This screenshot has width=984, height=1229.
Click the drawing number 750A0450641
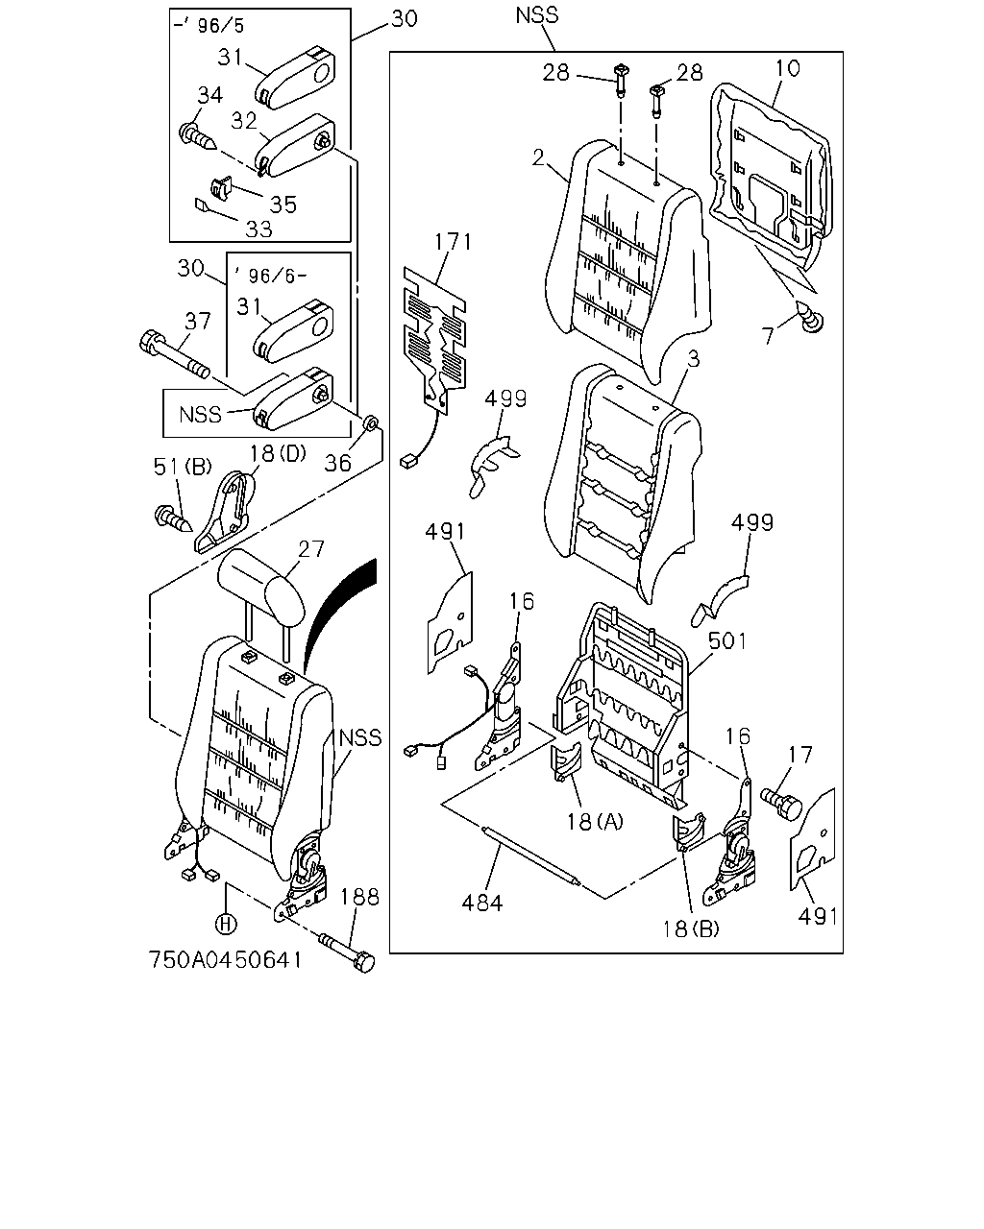coord(225,960)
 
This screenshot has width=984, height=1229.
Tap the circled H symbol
coord(226,924)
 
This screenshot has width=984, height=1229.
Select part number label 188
coord(359,897)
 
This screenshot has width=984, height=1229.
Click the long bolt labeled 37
coord(174,353)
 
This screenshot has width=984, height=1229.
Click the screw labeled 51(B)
coord(173,518)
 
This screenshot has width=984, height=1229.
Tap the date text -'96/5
coord(209,26)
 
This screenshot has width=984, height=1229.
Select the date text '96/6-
coord(269,276)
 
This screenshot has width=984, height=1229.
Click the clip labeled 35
coord(221,187)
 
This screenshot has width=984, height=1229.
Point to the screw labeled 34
coord(197,137)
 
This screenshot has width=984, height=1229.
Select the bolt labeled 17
coord(781,802)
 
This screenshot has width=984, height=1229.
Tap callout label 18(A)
coord(595,822)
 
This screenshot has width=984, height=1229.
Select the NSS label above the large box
coord(536,15)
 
